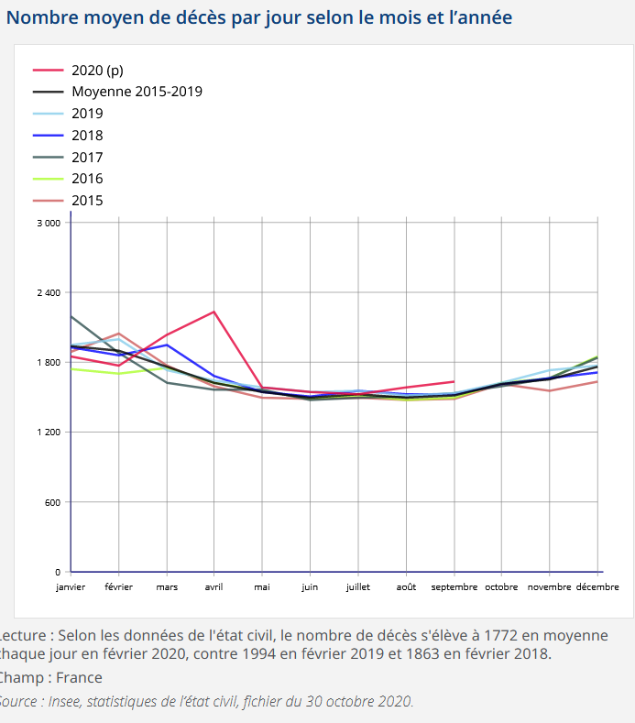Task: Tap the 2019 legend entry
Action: click(87, 114)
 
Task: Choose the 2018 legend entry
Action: click(87, 136)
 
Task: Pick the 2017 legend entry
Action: click(87, 157)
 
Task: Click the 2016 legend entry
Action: click(87, 179)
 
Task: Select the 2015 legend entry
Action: click(87, 201)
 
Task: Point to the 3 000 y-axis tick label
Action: click(49, 223)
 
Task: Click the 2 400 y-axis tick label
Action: click(49, 292)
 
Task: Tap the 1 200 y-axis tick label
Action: click(49, 432)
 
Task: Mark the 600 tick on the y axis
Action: click(53, 502)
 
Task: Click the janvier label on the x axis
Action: click(71, 586)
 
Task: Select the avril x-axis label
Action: click(213, 586)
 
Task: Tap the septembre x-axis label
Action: click(454, 586)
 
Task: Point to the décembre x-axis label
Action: click(597, 586)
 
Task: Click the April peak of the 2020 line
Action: click(213, 312)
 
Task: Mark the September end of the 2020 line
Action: click(454, 381)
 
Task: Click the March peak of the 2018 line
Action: click(167, 345)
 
